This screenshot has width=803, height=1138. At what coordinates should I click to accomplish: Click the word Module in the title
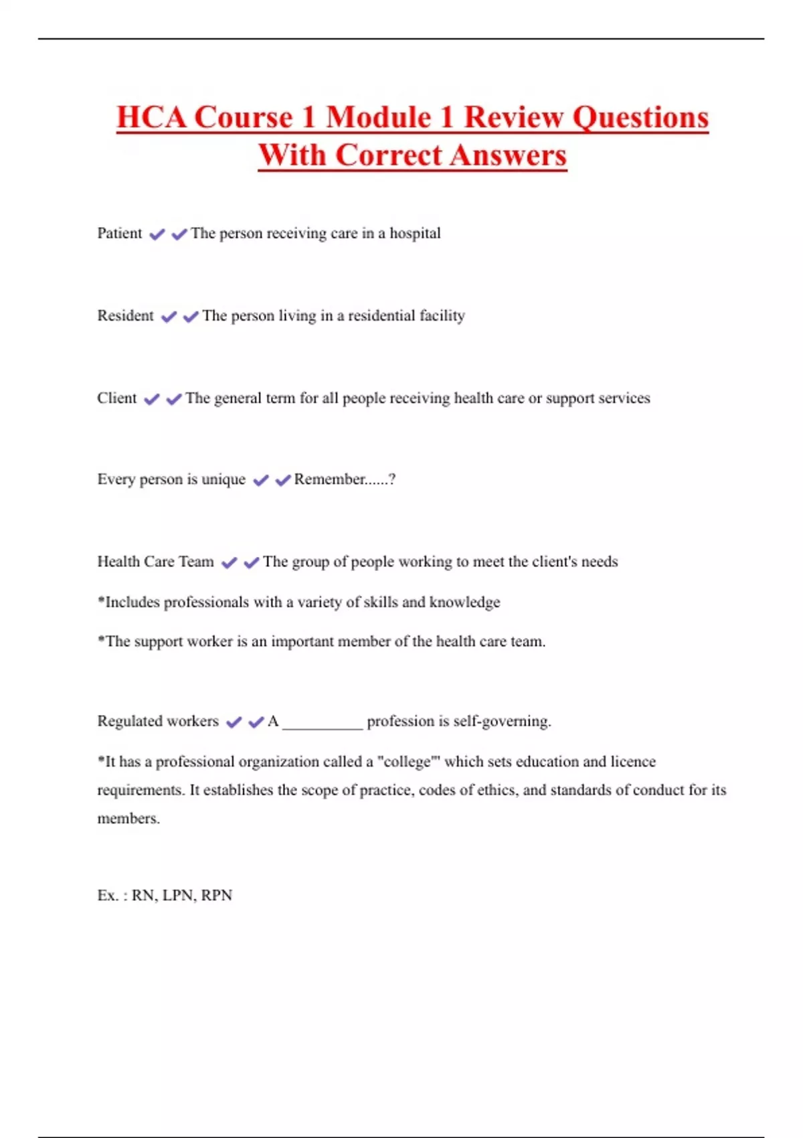(378, 117)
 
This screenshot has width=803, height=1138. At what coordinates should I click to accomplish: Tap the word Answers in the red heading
(508, 155)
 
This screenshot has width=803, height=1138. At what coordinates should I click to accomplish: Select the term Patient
(120, 233)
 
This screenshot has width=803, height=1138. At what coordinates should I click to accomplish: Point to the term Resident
(125, 315)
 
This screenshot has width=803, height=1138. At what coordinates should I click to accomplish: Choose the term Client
(116, 398)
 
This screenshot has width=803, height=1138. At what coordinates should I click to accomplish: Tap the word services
(624, 398)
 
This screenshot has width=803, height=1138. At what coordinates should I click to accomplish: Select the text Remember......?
(345, 479)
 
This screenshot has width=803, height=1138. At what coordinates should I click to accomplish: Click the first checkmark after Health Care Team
(229, 562)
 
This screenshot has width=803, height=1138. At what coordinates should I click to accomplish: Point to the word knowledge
(464, 602)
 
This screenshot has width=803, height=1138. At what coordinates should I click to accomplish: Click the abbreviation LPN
(178, 895)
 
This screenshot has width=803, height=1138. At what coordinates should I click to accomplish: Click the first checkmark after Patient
(157, 234)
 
